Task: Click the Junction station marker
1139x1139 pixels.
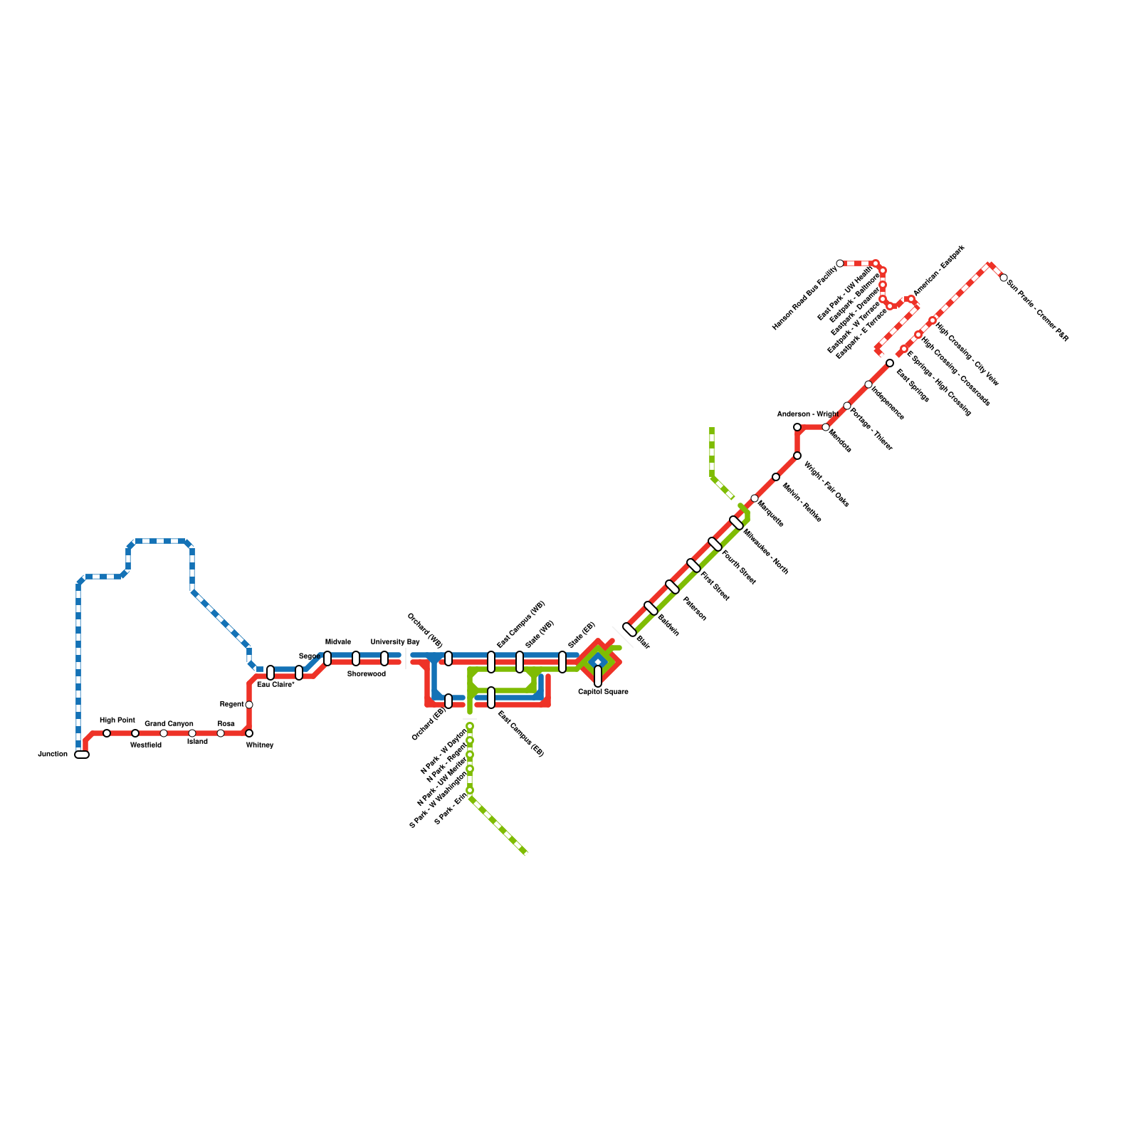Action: click(82, 755)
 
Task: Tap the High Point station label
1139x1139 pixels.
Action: click(117, 720)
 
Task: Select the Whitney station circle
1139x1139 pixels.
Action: click(249, 733)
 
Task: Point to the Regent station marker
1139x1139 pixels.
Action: click(249, 705)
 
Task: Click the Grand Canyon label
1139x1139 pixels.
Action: click(169, 724)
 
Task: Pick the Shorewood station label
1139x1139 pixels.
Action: click(367, 673)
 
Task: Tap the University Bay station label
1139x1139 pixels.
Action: click(395, 642)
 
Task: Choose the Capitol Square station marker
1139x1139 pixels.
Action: click(598, 676)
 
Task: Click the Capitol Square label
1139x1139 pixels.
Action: click(603, 691)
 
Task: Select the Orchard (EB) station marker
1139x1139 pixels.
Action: click(448, 701)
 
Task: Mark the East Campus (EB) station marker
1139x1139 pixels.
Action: click(491, 698)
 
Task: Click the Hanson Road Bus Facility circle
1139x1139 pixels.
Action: click(840, 263)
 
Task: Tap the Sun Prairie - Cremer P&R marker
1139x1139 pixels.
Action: click(1004, 278)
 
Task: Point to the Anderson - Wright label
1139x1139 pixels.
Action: click(807, 414)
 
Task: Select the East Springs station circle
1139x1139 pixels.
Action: click(890, 363)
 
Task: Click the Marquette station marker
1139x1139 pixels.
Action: click(755, 498)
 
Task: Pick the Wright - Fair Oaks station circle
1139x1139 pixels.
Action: click(797, 456)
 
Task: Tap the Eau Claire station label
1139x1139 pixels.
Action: click(275, 685)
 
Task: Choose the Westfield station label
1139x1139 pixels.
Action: click(146, 745)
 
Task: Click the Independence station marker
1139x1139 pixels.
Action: click(868, 384)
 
